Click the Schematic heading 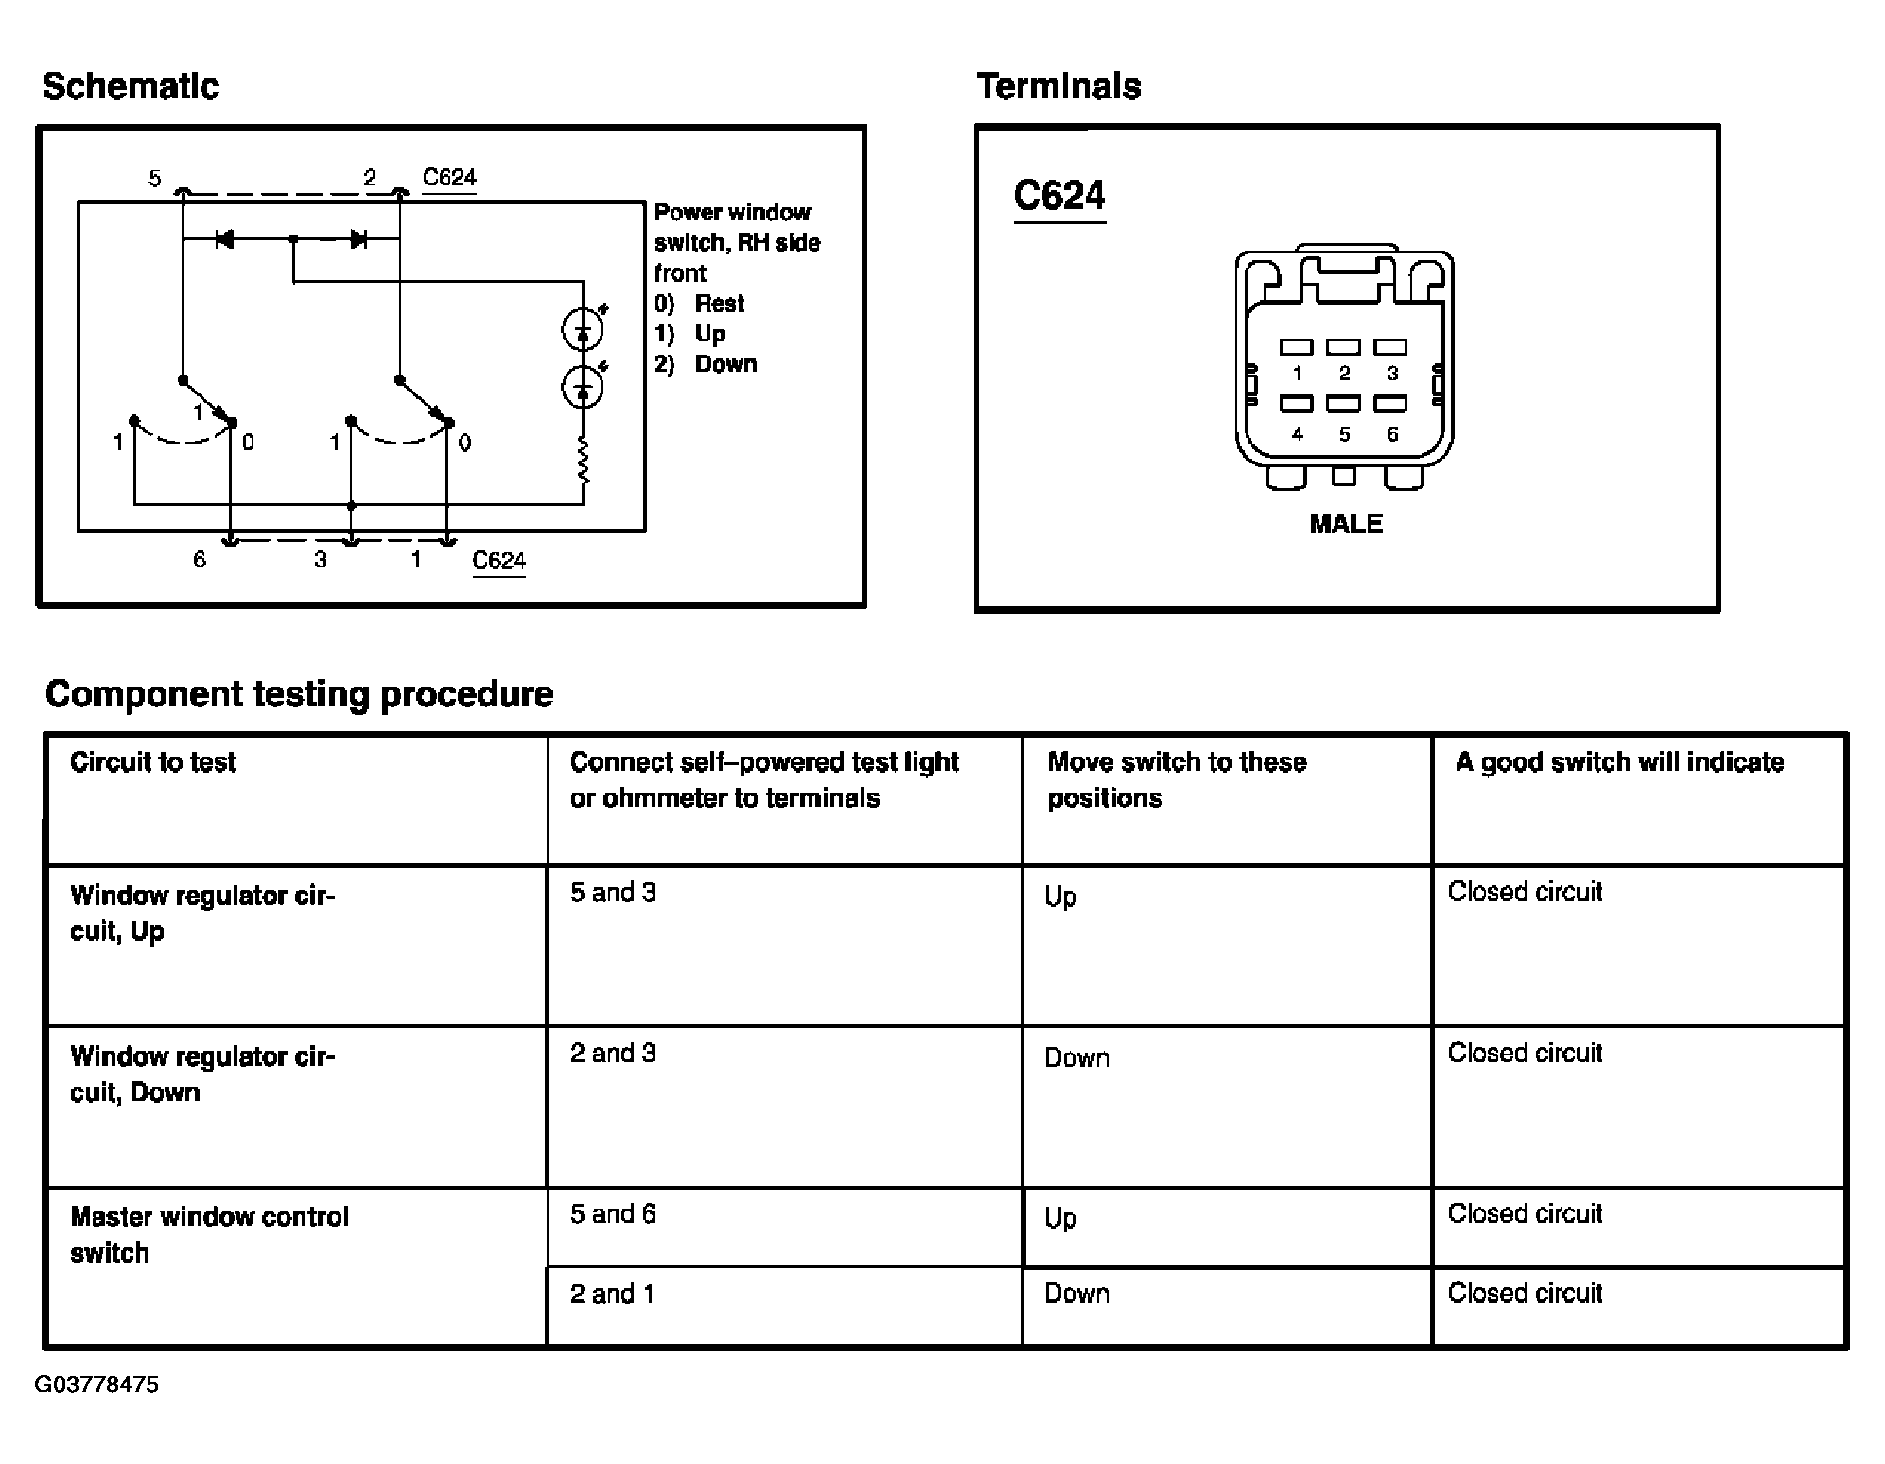coord(131,87)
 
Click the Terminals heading coord(1058,87)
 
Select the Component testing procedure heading coord(299,694)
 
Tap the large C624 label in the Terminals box coord(1058,197)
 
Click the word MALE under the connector coord(1345,524)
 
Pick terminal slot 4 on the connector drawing coord(1297,405)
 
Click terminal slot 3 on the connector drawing coord(1390,347)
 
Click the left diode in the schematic coord(224,239)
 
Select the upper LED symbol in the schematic coord(583,329)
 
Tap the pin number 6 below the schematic coord(200,560)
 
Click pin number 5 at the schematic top coord(155,179)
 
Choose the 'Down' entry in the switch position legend coord(724,364)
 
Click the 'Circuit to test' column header coord(153,762)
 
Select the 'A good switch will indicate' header coord(1619,762)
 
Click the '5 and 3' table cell coord(613,893)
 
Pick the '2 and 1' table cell coord(612,1294)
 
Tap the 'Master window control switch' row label coord(209,1234)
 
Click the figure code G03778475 coord(96,1385)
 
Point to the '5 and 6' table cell coord(613,1214)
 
